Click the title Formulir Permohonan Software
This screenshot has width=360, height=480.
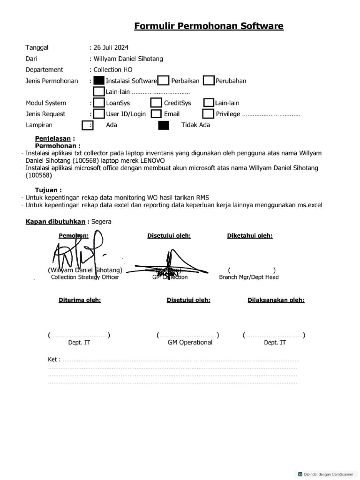(209, 26)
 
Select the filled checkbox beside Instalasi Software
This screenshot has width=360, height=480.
(99, 81)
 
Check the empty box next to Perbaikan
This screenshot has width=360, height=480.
(163, 81)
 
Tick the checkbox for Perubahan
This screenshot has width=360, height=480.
(209, 81)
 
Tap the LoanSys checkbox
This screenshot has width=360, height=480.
(99, 103)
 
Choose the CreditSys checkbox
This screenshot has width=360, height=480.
(156, 103)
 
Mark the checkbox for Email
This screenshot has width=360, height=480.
(156, 114)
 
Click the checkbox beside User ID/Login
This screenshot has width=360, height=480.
(99, 114)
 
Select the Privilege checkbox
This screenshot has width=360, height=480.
(208, 114)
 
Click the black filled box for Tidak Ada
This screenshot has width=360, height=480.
(164, 125)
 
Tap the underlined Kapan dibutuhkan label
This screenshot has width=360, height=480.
(55, 222)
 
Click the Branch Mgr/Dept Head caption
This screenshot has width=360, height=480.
(248, 277)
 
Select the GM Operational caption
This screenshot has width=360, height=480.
(190, 342)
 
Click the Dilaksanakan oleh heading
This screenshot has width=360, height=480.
(276, 300)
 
